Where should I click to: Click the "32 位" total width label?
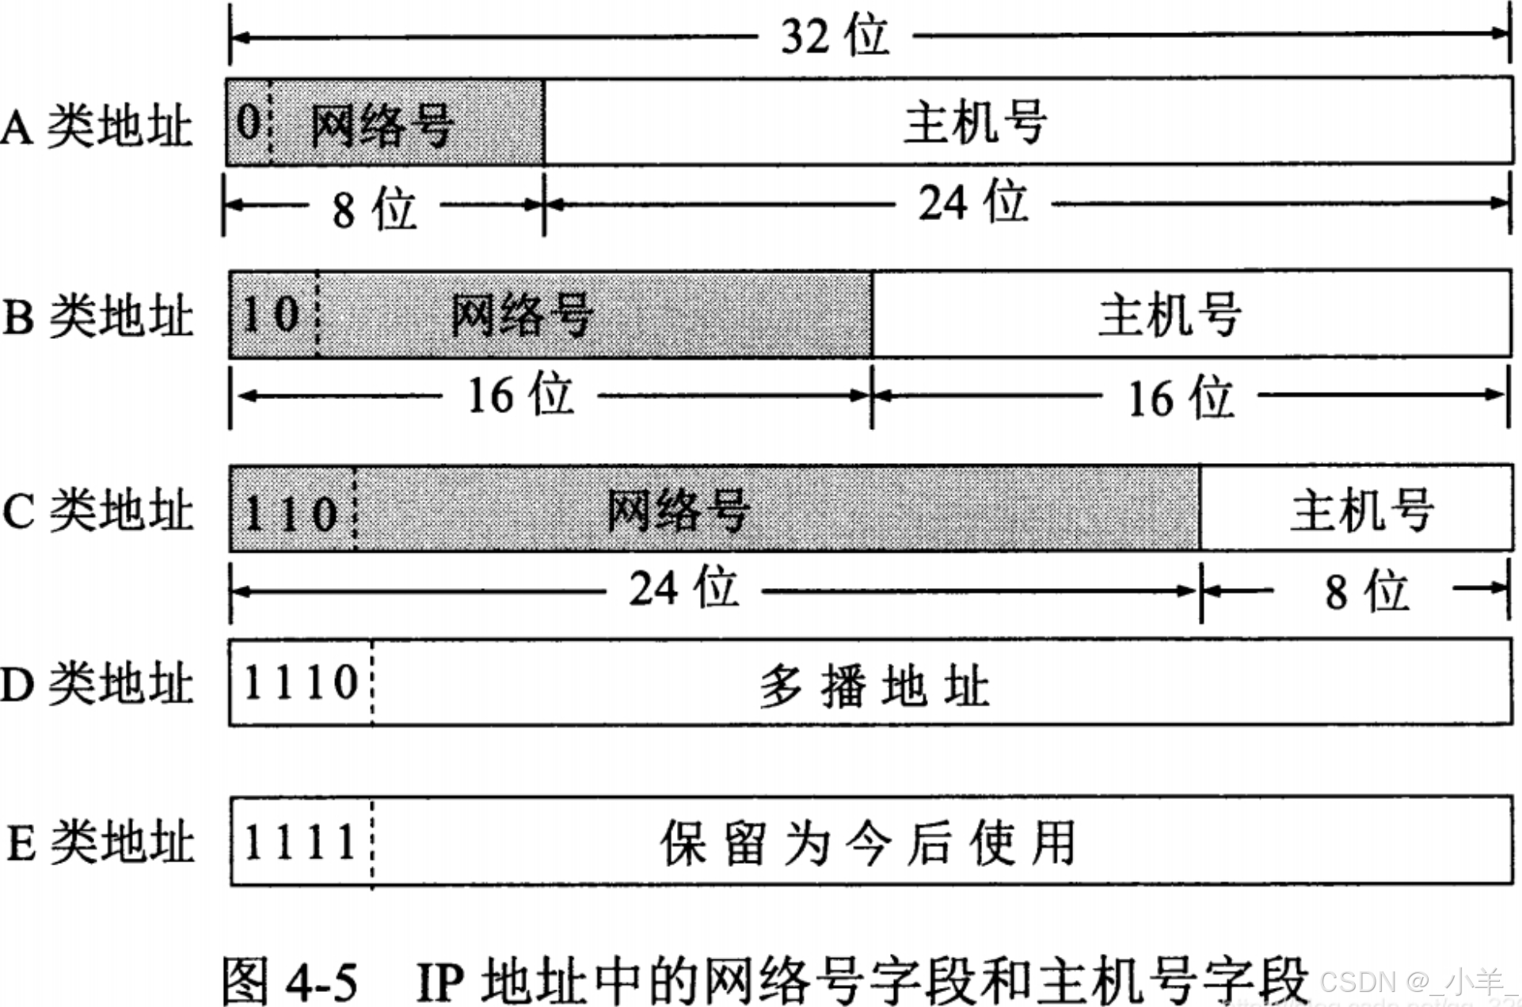click(835, 36)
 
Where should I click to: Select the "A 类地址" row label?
click(97, 126)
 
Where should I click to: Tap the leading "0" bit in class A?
click(248, 122)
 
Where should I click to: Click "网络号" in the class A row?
click(382, 124)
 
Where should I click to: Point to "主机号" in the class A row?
click(976, 122)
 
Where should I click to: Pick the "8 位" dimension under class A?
click(374, 209)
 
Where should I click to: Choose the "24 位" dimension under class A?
click(973, 203)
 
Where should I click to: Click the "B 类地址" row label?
click(98, 316)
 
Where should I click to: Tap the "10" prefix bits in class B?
click(271, 314)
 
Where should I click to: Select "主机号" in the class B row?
click(1170, 314)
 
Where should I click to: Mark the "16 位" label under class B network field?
click(519, 395)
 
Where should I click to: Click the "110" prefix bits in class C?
click(291, 513)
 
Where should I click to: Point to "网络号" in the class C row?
click(678, 509)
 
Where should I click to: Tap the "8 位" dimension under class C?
click(1367, 591)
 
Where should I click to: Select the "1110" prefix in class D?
click(301, 682)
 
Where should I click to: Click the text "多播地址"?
click(874, 686)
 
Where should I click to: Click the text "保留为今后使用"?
click(868, 842)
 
